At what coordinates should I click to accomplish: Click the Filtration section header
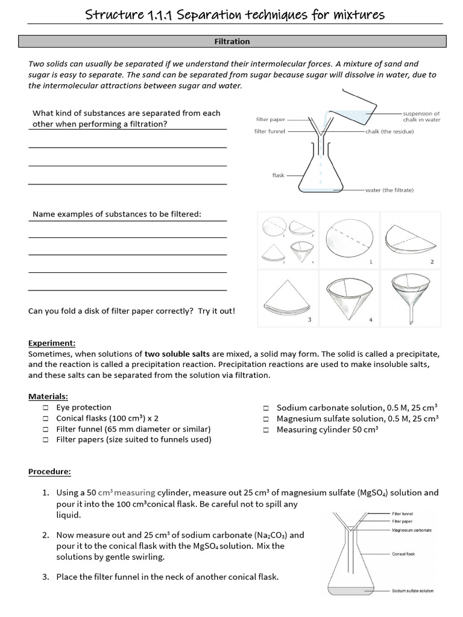tap(232, 42)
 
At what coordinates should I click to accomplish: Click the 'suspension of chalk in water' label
tap(421, 116)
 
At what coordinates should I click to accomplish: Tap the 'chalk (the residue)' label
tap(389, 131)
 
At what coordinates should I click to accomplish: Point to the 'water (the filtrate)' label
tap(389, 190)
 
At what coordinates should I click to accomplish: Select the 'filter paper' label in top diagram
tap(270, 119)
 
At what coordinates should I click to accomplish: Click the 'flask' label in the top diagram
tap(278, 175)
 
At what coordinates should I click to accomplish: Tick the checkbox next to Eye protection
tap(46, 408)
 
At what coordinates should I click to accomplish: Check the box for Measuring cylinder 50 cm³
tap(266, 430)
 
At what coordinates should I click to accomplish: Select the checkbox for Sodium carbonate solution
tap(266, 408)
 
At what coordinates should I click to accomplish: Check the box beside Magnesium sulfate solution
tap(266, 419)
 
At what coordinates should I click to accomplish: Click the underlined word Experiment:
tap(52, 343)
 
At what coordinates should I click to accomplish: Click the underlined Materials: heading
tap(48, 396)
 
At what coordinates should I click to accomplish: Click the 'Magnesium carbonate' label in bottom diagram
tap(412, 530)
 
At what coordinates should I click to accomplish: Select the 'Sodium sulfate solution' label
tap(413, 590)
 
